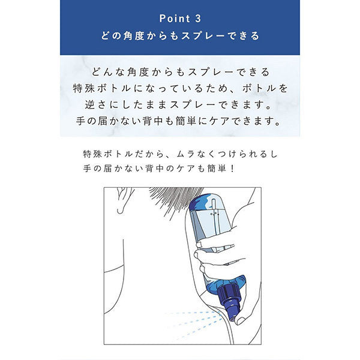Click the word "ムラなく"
point(194,154)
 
